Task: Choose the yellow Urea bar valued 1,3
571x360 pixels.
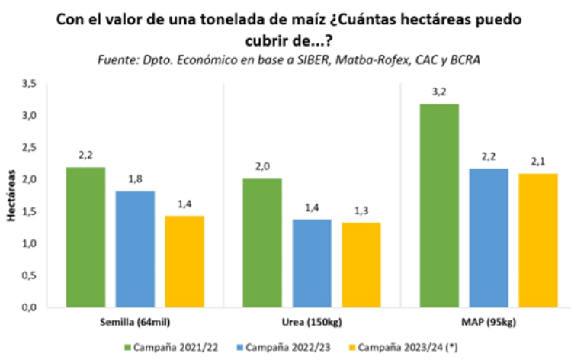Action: pos(361,265)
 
